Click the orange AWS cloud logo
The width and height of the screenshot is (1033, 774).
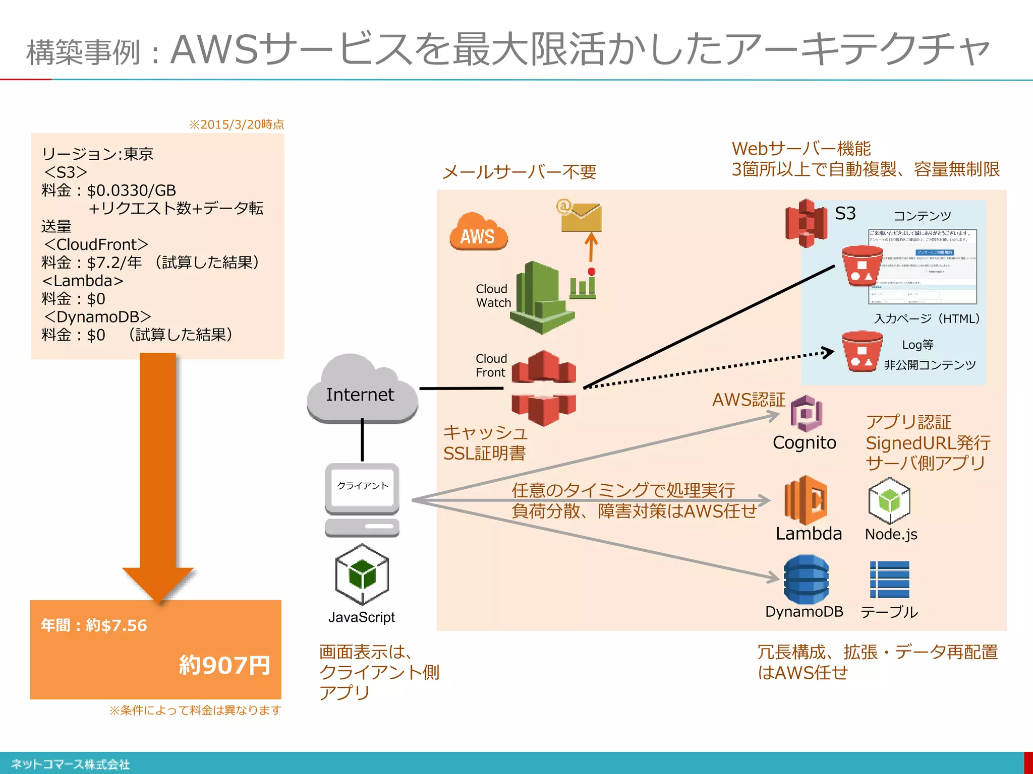478,233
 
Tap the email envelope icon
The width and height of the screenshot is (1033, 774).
581,217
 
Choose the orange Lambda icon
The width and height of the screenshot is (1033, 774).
806,500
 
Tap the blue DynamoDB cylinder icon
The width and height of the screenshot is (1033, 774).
806,579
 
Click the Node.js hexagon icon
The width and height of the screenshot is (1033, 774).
889,501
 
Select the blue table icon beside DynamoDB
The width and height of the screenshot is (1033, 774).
889,579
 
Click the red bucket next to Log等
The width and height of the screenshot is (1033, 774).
862,351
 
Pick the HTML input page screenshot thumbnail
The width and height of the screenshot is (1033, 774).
922,267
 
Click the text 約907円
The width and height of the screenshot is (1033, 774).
224,665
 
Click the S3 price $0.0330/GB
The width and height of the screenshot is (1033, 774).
131,190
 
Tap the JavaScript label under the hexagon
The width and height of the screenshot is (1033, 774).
362,617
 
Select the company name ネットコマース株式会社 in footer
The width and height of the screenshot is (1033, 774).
71,764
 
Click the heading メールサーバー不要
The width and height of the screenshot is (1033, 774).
519,172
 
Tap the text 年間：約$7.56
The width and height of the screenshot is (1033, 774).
94,625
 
